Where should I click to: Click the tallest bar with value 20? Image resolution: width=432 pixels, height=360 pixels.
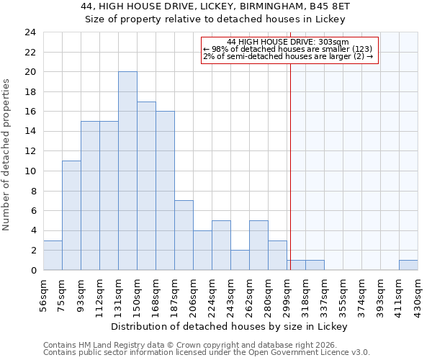coord(127,171)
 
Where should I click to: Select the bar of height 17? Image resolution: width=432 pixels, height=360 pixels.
coord(146,186)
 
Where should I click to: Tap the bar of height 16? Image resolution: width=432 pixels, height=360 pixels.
coord(165,191)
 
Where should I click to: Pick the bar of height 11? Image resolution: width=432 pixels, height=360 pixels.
coord(71,215)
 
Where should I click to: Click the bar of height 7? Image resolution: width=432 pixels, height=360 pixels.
coord(184,235)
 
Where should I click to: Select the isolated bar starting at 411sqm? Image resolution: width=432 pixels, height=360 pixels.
coord(408,265)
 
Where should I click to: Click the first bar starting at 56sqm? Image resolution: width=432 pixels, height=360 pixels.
coord(53,255)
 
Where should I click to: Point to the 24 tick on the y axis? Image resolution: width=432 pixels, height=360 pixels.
coord(30,32)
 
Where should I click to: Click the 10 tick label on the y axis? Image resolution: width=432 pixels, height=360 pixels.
coord(30,171)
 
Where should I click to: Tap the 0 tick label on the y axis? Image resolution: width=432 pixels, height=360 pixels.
coord(32,271)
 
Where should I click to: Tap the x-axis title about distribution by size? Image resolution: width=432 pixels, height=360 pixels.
coord(230,327)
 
